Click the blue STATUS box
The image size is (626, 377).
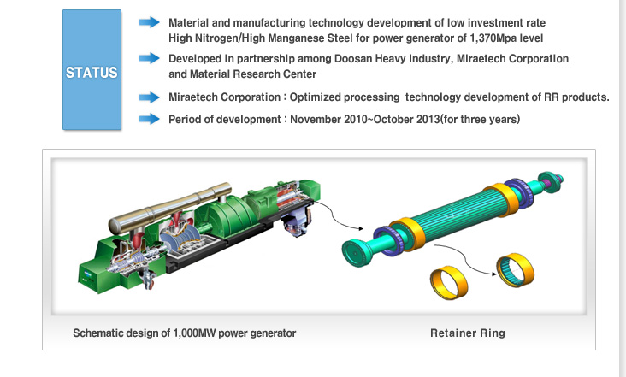[92, 70]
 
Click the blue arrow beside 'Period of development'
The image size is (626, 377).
[150, 119]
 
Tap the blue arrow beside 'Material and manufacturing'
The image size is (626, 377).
[150, 22]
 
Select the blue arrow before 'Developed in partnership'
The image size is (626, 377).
[150, 58]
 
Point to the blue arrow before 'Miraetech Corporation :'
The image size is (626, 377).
[150, 97]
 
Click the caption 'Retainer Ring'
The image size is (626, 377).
[468, 333]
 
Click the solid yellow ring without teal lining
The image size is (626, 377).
[449, 283]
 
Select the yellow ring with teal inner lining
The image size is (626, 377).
[515, 270]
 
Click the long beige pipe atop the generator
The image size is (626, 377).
[169, 209]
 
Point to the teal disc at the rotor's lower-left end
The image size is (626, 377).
[355, 253]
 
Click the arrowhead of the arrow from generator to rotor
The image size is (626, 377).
[361, 228]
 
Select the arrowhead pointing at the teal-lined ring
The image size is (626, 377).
[493, 274]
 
